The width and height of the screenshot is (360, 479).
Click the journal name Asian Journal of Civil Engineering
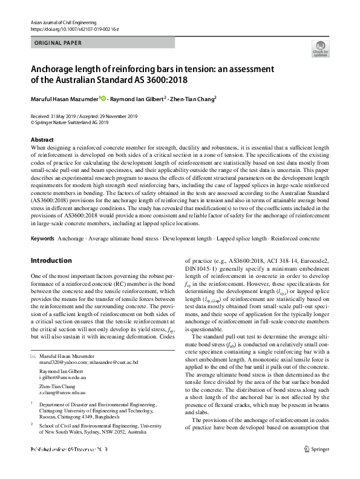point(59,22)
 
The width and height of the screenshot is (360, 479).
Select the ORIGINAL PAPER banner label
point(56,43)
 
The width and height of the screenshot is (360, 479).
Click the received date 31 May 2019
point(63,116)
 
